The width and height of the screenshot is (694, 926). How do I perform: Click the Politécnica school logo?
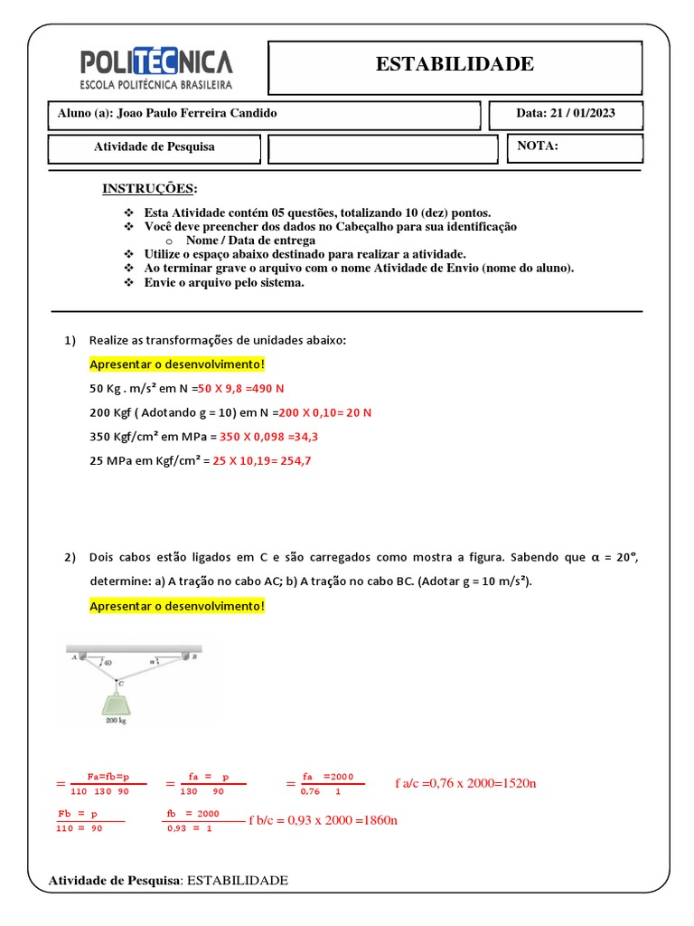(x=156, y=69)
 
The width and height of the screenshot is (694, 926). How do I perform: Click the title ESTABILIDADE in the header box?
(x=455, y=64)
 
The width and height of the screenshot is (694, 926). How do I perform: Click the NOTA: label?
(x=538, y=146)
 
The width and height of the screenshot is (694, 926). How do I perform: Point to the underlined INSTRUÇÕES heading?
(x=149, y=188)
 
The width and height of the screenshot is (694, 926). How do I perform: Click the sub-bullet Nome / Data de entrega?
(x=250, y=241)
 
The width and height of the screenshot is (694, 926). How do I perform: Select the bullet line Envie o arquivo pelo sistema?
(x=224, y=282)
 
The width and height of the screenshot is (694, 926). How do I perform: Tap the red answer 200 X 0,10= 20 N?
(x=325, y=411)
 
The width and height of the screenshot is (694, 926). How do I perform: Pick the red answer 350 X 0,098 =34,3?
(x=268, y=436)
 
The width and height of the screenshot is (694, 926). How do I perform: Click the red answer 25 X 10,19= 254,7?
(x=261, y=460)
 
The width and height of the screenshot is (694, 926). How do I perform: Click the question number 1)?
(x=71, y=341)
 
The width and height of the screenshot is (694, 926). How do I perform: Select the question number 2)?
(x=71, y=557)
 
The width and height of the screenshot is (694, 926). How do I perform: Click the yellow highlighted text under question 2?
(x=177, y=605)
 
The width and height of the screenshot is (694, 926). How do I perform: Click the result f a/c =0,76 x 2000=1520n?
(x=465, y=782)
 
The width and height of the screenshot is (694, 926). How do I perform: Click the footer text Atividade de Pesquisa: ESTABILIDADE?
(x=168, y=880)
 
